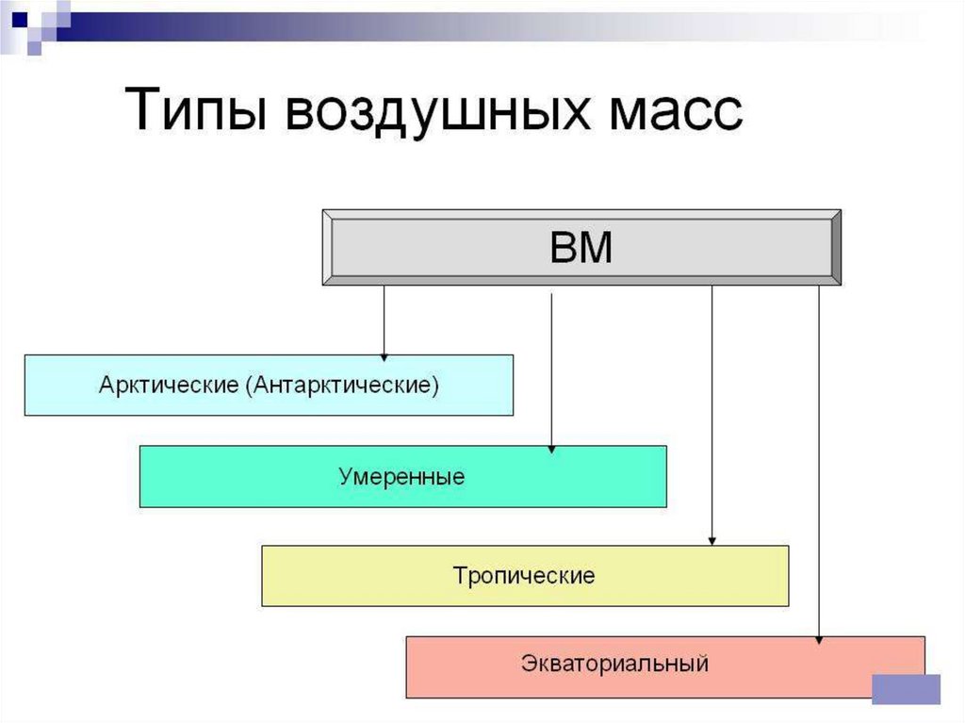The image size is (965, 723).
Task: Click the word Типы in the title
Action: click(x=196, y=109)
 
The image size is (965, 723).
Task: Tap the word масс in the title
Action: click(x=676, y=112)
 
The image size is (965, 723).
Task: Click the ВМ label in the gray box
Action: click(x=581, y=247)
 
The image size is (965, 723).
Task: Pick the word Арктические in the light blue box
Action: click(x=169, y=385)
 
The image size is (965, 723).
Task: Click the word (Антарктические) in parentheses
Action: click(x=342, y=386)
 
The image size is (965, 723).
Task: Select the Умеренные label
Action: click(x=401, y=477)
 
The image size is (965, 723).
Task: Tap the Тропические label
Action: click(x=524, y=576)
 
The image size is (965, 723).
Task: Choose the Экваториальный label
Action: click(x=614, y=664)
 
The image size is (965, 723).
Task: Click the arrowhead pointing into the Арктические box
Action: click(x=384, y=357)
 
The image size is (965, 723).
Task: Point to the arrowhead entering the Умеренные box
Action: click(x=551, y=450)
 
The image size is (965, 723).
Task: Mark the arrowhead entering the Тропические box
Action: click(x=712, y=541)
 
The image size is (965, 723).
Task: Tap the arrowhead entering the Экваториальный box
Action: click(x=819, y=640)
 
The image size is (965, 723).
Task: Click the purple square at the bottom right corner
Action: click(x=907, y=689)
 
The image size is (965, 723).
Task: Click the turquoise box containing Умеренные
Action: click(x=403, y=477)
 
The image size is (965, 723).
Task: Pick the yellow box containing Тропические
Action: click(x=525, y=576)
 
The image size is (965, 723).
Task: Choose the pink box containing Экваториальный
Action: click(x=665, y=667)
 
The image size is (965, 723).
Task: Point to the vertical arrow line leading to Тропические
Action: click(x=712, y=415)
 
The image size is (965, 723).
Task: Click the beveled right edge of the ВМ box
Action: click(x=836, y=247)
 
